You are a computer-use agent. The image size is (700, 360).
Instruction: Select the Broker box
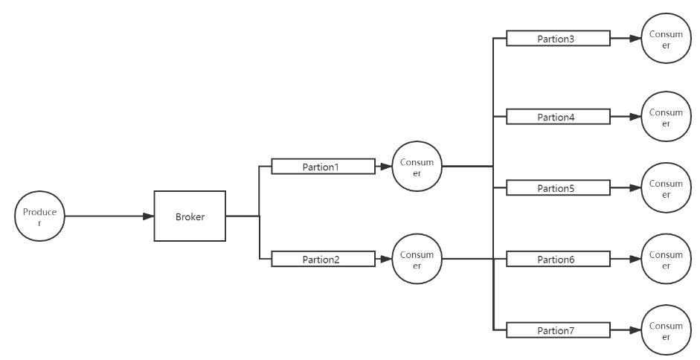pyautogui.click(x=189, y=216)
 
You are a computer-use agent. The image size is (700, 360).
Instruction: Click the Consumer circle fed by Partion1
pyautogui.click(x=417, y=167)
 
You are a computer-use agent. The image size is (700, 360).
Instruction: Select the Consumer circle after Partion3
pyautogui.click(x=665, y=39)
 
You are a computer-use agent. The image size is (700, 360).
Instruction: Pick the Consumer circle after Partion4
pyautogui.click(x=665, y=117)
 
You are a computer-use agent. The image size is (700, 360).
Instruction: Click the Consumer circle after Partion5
pyautogui.click(x=665, y=188)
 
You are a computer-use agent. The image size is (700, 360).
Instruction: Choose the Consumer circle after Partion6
pyautogui.click(x=665, y=259)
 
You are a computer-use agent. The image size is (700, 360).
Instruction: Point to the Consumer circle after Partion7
pyautogui.click(x=665, y=330)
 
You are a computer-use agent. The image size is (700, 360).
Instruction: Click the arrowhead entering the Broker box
pyautogui.click(x=148, y=216)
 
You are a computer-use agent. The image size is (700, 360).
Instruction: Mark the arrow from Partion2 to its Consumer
pyautogui.click(x=383, y=259)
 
